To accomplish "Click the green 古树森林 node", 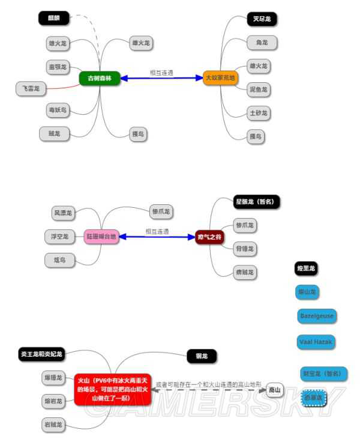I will point(100,77).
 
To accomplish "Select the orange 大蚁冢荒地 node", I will point(221,77).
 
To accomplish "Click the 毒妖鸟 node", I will point(58,110).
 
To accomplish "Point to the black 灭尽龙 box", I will point(262,19).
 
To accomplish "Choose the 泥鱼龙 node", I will point(259,90).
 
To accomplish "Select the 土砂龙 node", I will point(259,113).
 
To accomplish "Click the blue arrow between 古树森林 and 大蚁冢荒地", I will point(161,78).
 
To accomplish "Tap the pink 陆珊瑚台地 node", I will point(103,237).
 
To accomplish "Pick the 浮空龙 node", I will point(59,237).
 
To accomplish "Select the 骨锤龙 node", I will point(244,249).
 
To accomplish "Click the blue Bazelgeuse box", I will point(316,315).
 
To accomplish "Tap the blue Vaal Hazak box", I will point(316,342).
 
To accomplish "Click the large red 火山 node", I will point(112,389).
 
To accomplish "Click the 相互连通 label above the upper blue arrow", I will point(161,73).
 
